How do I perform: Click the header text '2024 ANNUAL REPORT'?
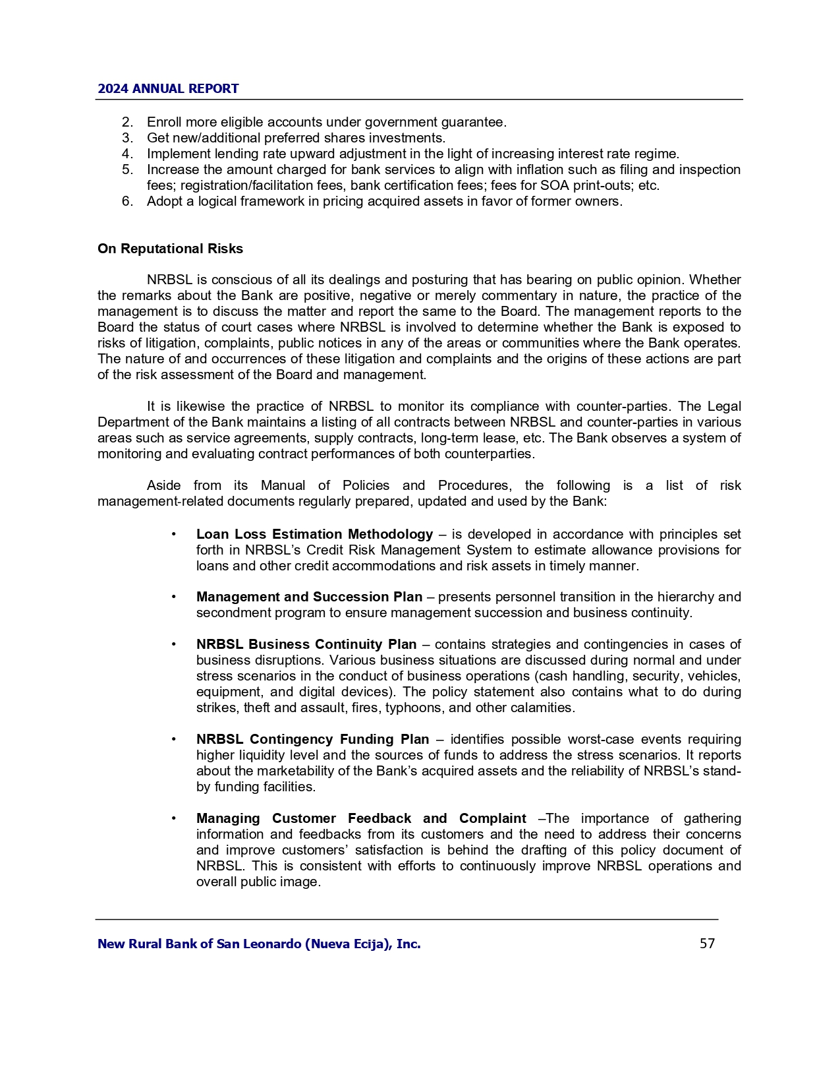tap(168, 89)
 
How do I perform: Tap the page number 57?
tap(707, 944)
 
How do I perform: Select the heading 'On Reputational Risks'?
tap(170, 249)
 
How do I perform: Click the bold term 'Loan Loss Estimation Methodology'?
tap(314, 534)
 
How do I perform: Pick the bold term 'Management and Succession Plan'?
tap(309, 597)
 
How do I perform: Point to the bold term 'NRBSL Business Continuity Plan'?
tap(306, 644)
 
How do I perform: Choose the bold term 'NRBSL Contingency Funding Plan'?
tap(312, 739)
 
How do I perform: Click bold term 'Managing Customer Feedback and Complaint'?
tap(361, 818)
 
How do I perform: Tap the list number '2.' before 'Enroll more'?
tap(128, 122)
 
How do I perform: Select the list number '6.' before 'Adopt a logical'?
tap(128, 201)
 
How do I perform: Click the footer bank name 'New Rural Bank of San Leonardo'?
tap(259, 944)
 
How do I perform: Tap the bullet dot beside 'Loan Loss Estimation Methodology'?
tap(173, 534)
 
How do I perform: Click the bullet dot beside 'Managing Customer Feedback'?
tap(173, 818)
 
